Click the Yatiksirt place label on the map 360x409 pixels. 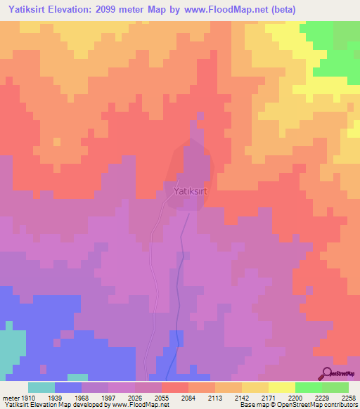coord(187,190)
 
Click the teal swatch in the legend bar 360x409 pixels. coord(41,387)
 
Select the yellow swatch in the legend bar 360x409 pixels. coord(282,387)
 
